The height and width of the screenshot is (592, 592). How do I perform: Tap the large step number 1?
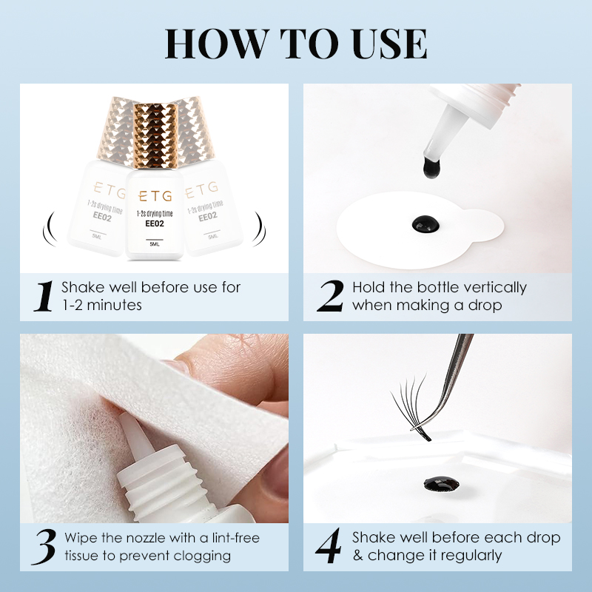(44, 297)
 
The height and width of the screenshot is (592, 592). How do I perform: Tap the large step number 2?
(330, 297)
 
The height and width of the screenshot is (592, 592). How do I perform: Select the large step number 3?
(44, 547)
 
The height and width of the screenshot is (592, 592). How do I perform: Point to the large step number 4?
(329, 546)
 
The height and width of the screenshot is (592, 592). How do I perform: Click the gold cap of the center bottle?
(155, 135)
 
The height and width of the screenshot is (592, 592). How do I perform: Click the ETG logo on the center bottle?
(155, 196)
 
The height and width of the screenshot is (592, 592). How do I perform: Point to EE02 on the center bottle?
(155, 223)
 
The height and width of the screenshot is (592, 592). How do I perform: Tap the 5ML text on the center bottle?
(155, 244)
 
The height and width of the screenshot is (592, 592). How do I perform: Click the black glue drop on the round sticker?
(425, 224)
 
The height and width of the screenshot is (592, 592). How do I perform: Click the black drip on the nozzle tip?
(431, 168)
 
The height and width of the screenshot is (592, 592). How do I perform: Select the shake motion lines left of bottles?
(50, 229)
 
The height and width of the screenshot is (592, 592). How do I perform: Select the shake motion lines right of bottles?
(260, 229)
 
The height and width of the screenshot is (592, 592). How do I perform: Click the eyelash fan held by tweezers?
(411, 407)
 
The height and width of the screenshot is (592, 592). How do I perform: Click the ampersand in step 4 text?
(358, 556)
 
